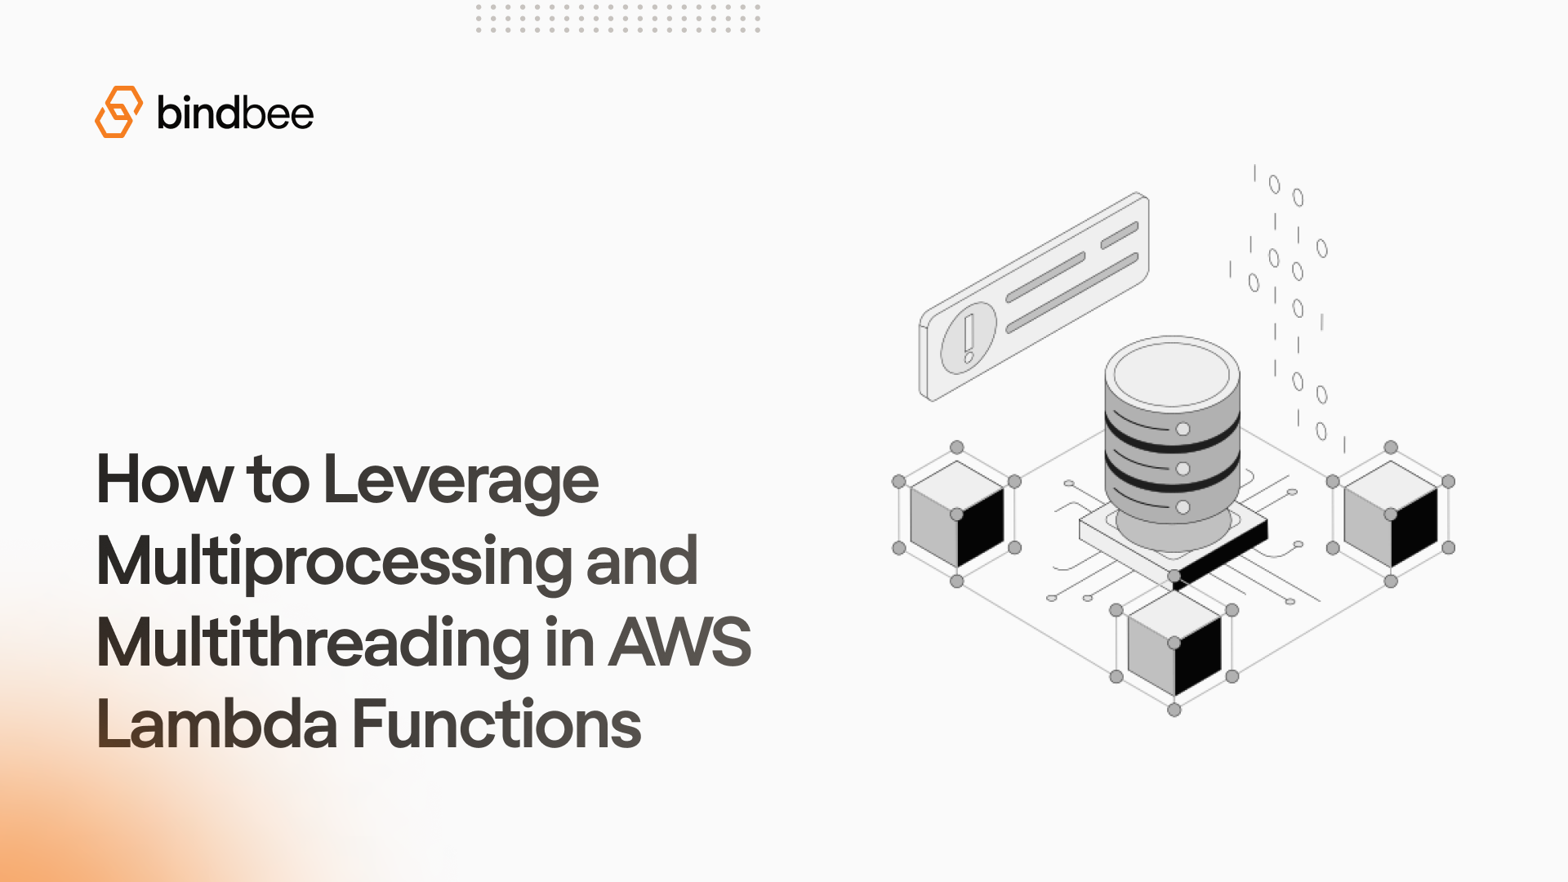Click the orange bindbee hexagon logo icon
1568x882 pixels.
pos(118,112)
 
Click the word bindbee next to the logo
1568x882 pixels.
pos(234,113)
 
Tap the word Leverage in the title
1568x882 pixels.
pos(461,480)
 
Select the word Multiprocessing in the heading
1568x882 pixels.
pos(333,562)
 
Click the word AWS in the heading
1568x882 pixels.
pos(679,643)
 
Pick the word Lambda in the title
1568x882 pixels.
pos(216,724)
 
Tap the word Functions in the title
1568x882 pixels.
pos(497,724)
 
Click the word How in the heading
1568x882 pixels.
pos(164,480)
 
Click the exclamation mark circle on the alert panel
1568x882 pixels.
pos(969,336)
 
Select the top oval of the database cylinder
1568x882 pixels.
pos(1172,372)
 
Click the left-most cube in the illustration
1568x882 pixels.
pos(956,514)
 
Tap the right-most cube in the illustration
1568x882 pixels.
pos(1390,514)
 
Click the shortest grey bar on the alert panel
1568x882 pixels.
pos(1119,235)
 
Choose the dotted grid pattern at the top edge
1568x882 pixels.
pos(618,18)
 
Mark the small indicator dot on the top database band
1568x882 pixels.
pos(1183,430)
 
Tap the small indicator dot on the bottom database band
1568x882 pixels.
pos(1183,507)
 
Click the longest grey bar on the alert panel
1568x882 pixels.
pos(1071,293)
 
